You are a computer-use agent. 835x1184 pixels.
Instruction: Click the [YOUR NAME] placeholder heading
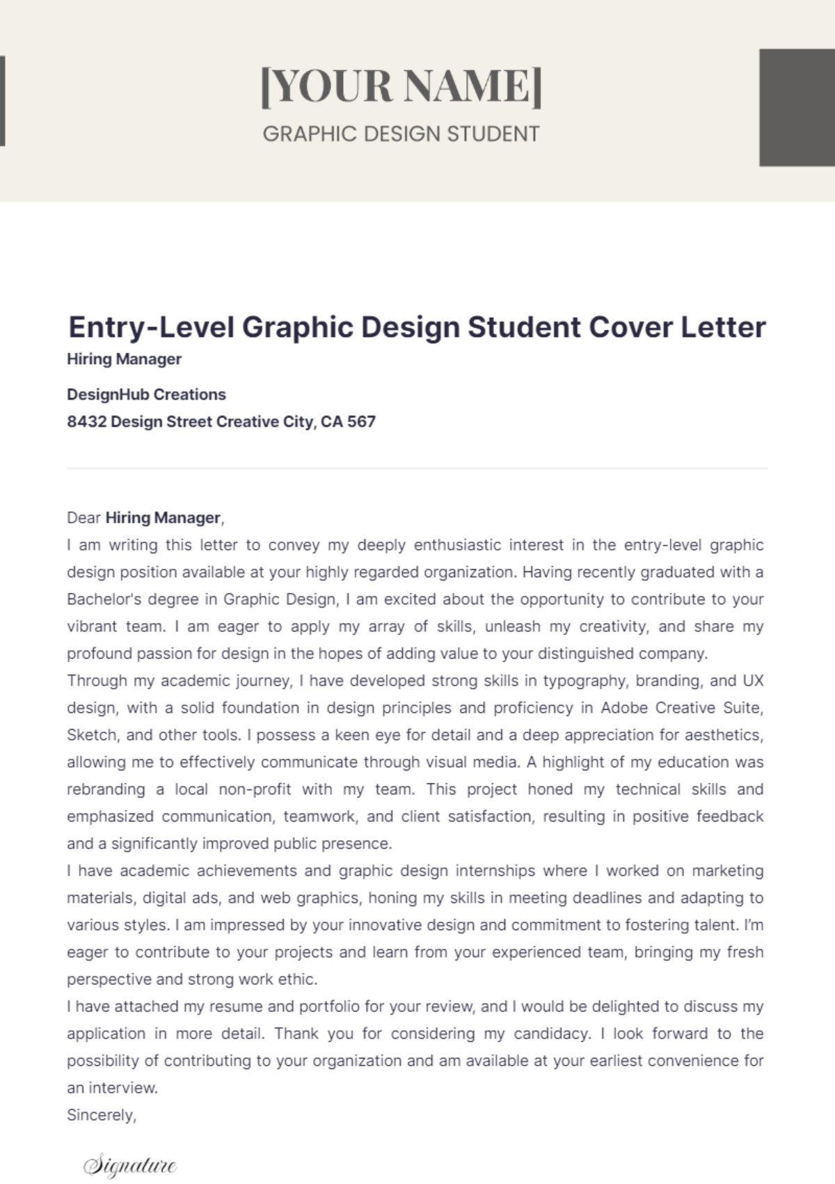pyautogui.click(x=401, y=86)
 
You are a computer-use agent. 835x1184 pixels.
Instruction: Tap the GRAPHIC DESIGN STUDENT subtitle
pyautogui.click(x=401, y=134)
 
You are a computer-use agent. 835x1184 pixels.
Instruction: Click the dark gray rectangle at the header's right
pyautogui.click(x=796, y=107)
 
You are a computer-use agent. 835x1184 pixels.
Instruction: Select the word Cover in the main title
pyautogui.click(x=630, y=327)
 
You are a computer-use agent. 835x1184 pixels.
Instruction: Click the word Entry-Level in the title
pyautogui.click(x=151, y=327)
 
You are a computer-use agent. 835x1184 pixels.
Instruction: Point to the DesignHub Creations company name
pyautogui.click(x=146, y=395)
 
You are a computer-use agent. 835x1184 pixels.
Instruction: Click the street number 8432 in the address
pyautogui.click(x=86, y=422)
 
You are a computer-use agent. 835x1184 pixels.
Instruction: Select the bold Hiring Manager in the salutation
pyautogui.click(x=163, y=518)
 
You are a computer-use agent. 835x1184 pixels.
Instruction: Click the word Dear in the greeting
pyautogui.click(x=83, y=518)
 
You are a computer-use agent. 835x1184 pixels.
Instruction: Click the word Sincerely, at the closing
pyautogui.click(x=102, y=1115)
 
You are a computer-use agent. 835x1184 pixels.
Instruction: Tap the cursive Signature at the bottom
pyautogui.click(x=130, y=1165)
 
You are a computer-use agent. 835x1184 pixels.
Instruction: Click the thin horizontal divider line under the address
pyautogui.click(x=417, y=468)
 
